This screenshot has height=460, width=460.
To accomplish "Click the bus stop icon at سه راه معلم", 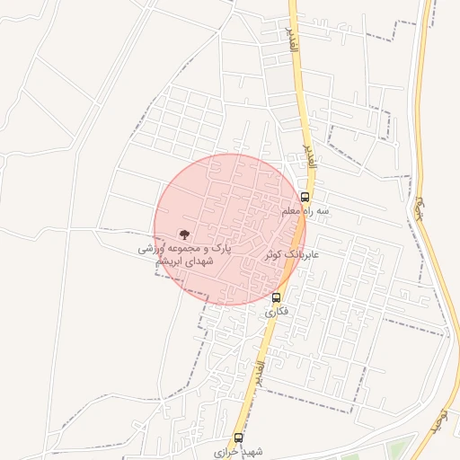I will click(305, 197).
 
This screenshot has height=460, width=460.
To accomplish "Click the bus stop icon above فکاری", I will click(276, 297).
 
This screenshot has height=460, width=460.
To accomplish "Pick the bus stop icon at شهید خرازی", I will click(238, 438).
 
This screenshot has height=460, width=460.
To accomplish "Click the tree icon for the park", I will click(186, 234).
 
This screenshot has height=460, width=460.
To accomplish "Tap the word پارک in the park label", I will click(221, 246).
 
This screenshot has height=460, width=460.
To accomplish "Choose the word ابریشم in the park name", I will click(174, 260).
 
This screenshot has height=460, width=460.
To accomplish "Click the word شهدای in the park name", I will click(204, 260).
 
